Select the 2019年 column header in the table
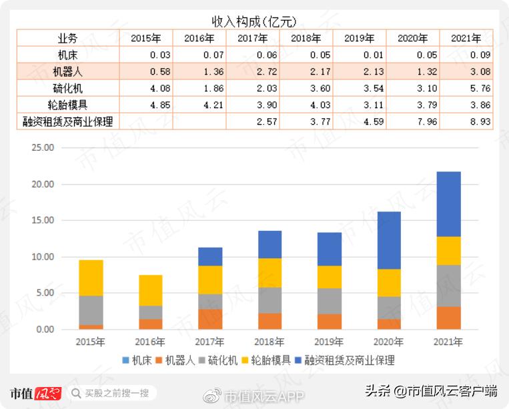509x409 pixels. point(359,38)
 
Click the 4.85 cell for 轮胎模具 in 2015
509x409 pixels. point(145,105)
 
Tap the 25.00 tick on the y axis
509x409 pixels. point(42,148)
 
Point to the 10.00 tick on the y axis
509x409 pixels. point(42,257)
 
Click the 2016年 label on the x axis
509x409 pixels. point(150,342)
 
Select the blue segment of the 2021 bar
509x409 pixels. point(448,203)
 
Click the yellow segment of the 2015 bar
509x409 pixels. point(91,278)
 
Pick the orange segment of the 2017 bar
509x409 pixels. point(210,319)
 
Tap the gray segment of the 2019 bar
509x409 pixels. point(330,301)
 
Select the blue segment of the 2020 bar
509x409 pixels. point(389,240)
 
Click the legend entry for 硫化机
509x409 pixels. point(218,360)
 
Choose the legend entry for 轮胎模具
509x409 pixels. point(269,360)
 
